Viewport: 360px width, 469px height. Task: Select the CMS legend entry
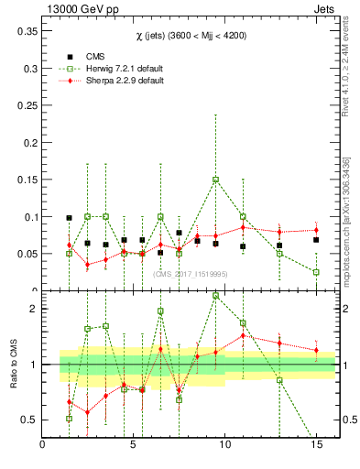[x=83, y=54]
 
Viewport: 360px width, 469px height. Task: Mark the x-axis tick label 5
[x=134, y=445]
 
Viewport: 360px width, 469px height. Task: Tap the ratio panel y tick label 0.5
[x=28, y=420]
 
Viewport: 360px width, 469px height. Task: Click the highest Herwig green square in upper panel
[x=215, y=180]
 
